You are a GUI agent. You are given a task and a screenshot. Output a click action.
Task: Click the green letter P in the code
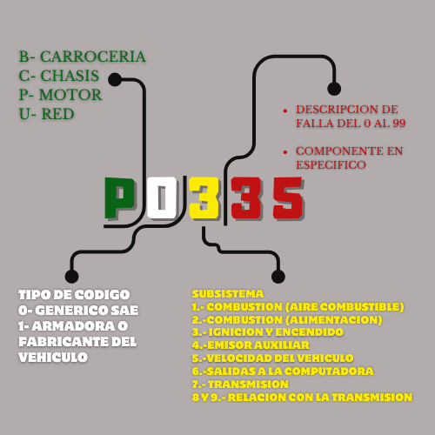[x=119, y=198]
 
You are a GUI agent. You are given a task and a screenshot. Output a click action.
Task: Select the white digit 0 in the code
[x=162, y=198]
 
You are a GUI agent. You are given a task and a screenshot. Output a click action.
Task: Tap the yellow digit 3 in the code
[x=204, y=198]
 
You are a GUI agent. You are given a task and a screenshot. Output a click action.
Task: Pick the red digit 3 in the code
[x=246, y=198]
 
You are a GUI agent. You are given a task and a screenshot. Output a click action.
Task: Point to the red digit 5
[x=288, y=198]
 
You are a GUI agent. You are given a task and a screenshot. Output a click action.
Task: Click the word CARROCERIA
[x=93, y=57]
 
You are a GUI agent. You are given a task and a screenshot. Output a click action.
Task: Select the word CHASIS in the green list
[x=70, y=76]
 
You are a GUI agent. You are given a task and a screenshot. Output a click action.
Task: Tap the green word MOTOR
[x=70, y=95]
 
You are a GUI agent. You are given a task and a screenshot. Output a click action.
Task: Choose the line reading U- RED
[x=46, y=114]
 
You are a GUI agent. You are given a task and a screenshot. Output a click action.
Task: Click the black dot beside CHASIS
[x=115, y=79]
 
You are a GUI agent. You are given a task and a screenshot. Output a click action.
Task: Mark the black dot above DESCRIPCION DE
[x=334, y=89]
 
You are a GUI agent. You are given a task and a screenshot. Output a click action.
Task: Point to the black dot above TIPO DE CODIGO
[x=72, y=276]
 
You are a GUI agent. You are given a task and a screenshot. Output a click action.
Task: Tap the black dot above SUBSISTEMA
[x=278, y=276]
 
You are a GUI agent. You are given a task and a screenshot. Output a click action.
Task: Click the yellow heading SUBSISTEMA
[x=228, y=294]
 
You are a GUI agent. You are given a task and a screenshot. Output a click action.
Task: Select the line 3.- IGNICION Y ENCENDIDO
[x=268, y=332]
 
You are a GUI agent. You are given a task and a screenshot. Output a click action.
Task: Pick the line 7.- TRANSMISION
[x=240, y=385]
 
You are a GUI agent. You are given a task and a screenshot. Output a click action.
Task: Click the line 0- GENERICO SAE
[x=78, y=311]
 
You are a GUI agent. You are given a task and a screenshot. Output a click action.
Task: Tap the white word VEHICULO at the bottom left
[x=53, y=358]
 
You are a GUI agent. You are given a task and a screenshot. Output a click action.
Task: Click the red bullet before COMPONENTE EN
[x=285, y=152]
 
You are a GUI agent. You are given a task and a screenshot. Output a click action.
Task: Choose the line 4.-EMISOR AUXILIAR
[x=251, y=345]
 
